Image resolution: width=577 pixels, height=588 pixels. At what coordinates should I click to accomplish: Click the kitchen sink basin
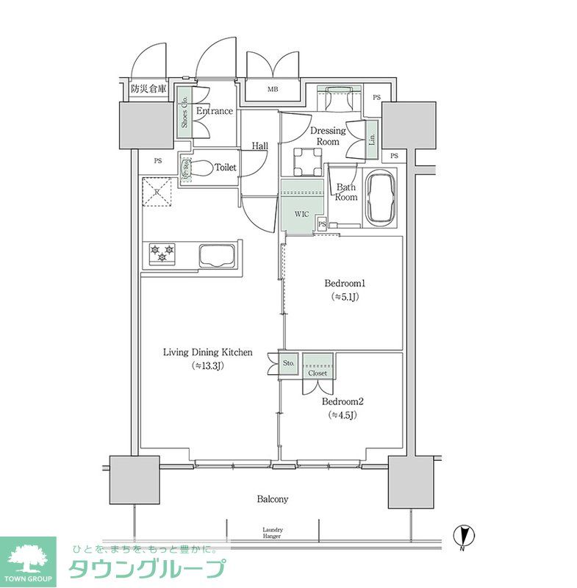click(x=216, y=255)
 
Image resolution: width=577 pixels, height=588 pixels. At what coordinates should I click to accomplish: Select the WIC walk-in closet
click(x=301, y=215)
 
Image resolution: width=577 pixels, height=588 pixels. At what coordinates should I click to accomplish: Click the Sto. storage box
click(x=288, y=364)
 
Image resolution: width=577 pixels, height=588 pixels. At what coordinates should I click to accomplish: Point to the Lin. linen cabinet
click(x=373, y=137)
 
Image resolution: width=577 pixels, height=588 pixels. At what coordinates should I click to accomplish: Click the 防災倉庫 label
click(x=148, y=90)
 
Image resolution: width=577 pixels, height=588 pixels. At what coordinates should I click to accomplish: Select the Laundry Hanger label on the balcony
click(x=273, y=533)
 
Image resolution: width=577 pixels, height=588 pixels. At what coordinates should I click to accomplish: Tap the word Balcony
click(x=272, y=499)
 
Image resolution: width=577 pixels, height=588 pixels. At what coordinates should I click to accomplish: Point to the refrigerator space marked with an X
click(x=157, y=193)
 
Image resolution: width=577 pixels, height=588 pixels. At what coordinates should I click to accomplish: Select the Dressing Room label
click(x=327, y=136)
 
